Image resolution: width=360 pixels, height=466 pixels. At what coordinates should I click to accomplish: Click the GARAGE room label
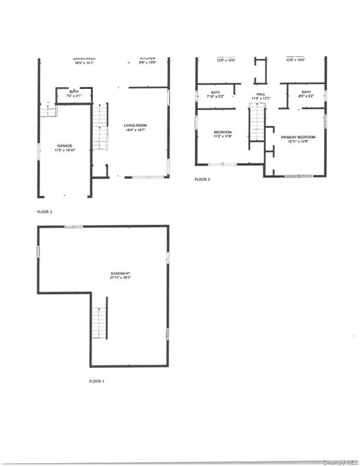coord(65,145)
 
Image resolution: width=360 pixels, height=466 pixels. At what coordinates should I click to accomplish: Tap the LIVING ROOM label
coord(135,125)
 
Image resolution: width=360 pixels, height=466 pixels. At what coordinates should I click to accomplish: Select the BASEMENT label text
coord(119,273)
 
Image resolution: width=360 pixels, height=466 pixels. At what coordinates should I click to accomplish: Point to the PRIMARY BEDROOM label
coord(298,137)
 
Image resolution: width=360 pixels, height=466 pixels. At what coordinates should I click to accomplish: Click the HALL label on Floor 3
coord(259,92)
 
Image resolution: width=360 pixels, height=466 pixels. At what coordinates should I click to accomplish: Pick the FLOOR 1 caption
coord(96,381)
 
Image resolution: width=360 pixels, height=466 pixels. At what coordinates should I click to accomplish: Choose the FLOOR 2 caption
coord(44,210)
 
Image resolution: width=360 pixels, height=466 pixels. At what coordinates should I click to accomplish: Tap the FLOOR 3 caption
coord(201,179)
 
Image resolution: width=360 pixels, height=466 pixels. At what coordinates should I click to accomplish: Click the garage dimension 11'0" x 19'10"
coord(65,151)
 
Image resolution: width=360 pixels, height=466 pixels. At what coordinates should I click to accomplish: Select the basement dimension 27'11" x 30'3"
coord(119,278)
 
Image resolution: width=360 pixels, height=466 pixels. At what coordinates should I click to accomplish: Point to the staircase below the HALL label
coord(256,122)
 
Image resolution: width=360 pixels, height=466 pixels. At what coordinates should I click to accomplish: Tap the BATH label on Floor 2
coord(74,92)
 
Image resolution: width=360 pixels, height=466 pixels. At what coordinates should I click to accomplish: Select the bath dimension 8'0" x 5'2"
coord(306,97)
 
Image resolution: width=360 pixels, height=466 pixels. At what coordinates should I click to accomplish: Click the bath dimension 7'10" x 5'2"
coord(215,97)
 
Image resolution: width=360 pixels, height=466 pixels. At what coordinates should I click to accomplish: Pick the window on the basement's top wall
coord(74,225)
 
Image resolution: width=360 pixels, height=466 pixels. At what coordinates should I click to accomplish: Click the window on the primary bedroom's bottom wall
coord(298,176)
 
